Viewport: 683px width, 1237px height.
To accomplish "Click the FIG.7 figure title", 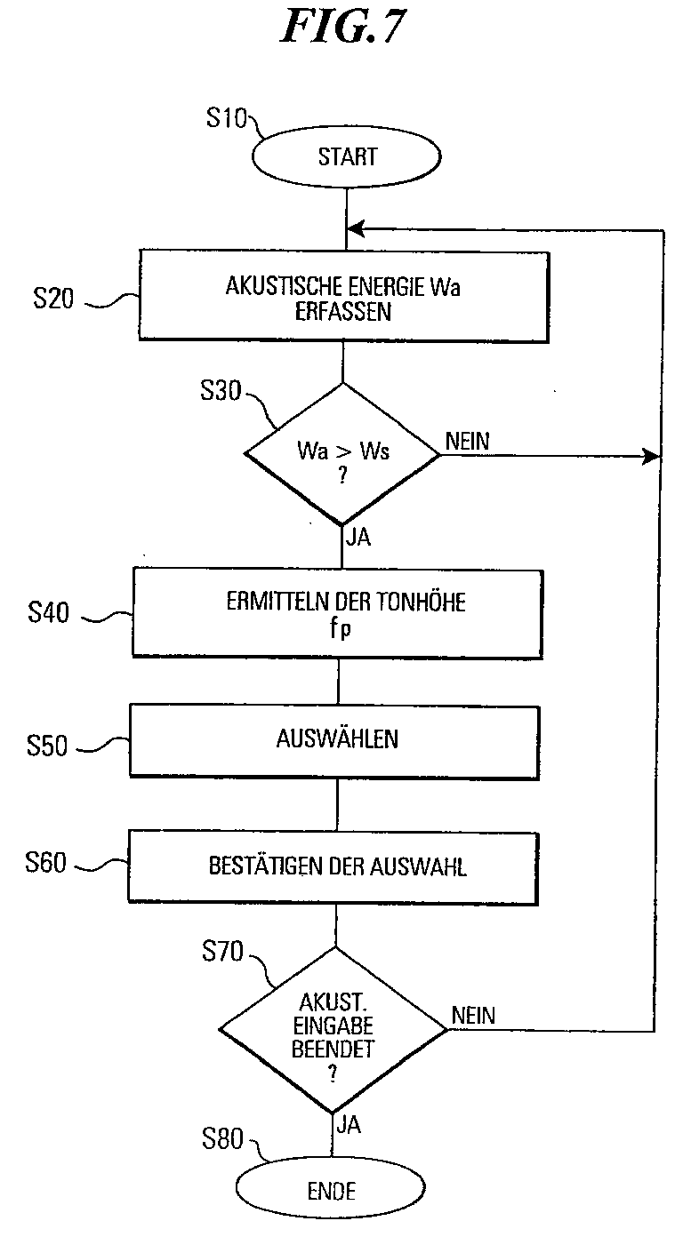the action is click(344, 27).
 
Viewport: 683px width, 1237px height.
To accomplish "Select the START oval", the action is click(347, 156).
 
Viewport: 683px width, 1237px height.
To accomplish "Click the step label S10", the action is click(227, 117).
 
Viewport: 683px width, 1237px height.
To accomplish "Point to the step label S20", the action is click(53, 299).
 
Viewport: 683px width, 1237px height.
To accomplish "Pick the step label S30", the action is click(221, 391).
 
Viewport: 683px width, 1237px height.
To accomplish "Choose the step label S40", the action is click(49, 612).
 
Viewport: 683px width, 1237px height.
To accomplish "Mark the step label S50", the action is click(47, 745).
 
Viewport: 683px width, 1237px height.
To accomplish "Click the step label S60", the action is click(45, 862).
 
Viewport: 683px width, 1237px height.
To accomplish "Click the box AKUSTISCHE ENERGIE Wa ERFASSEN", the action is click(343, 297).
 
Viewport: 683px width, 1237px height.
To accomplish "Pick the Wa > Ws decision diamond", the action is click(342, 454).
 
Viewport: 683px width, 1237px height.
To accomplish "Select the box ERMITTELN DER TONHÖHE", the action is click(338, 613).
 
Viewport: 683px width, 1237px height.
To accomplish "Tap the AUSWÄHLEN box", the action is click(334, 741).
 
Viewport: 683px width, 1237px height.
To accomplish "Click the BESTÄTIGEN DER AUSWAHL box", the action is click(333, 868).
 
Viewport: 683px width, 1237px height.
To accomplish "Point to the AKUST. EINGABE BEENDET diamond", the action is click(333, 1030).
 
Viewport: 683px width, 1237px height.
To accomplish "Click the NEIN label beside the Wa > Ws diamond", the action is click(468, 442).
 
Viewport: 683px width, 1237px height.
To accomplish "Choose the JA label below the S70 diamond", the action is click(349, 1124).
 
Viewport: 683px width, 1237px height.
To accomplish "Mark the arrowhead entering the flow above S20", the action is click(356, 228).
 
